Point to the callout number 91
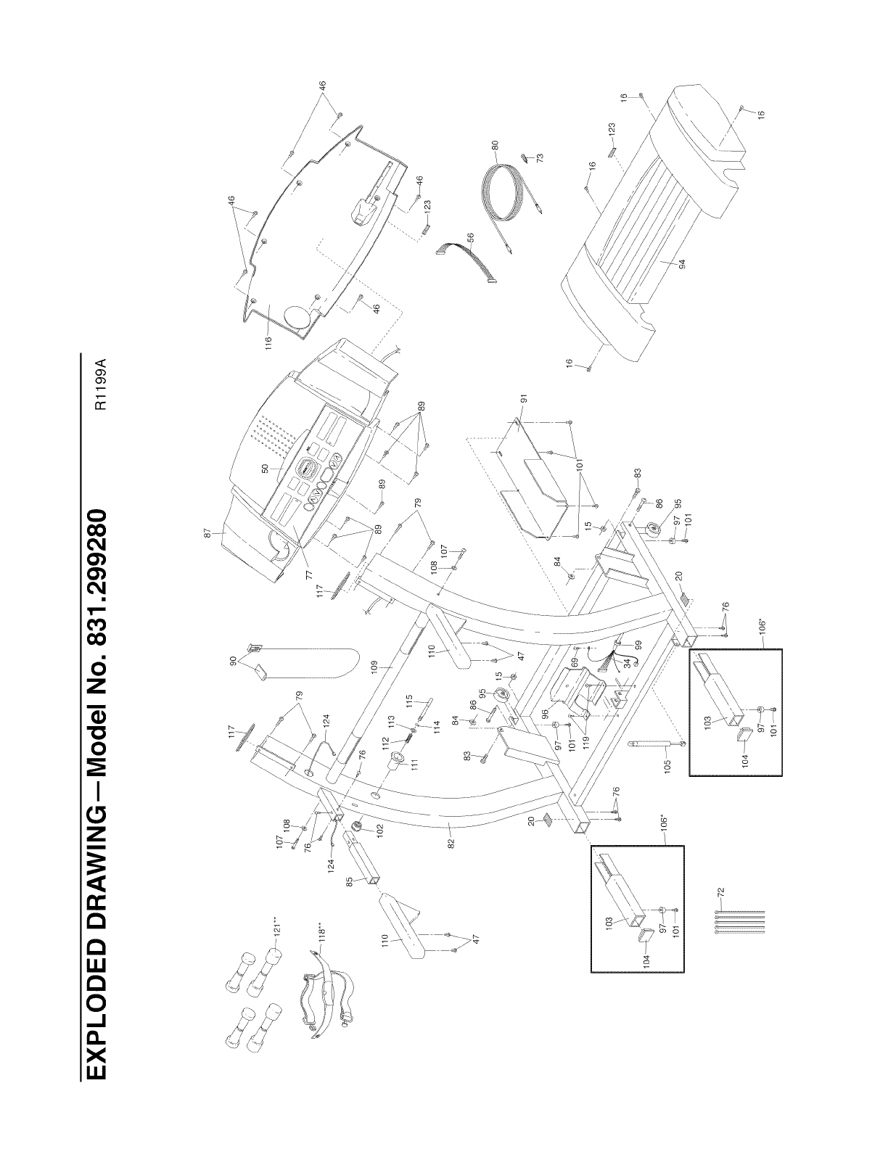(x=523, y=398)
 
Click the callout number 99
(x=639, y=645)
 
